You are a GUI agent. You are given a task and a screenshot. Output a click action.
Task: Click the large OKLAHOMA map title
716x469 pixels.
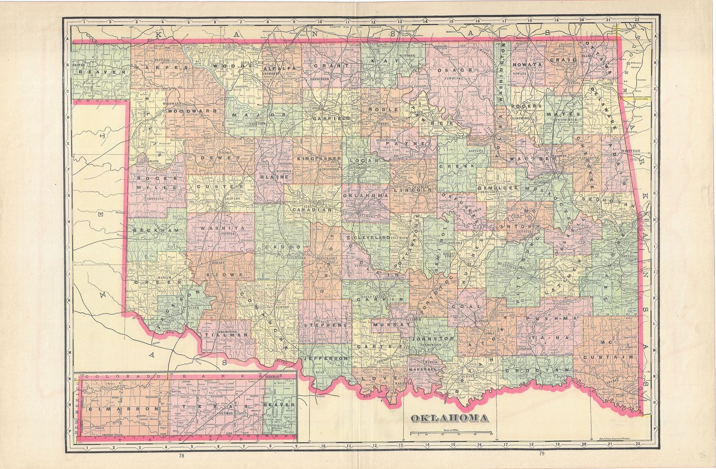click(450, 418)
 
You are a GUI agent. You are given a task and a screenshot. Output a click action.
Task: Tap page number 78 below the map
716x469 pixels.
click(181, 455)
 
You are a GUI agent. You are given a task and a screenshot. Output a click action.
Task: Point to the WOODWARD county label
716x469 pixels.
click(192, 110)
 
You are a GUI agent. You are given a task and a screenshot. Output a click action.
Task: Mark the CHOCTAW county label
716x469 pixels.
click(537, 370)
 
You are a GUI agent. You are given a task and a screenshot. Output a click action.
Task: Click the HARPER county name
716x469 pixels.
click(158, 68)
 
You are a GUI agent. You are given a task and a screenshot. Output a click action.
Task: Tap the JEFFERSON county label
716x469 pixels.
click(326, 358)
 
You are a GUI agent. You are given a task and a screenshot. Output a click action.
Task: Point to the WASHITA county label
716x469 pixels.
click(222, 229)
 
